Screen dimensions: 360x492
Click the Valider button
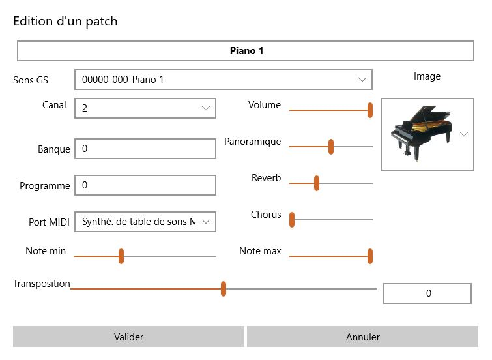click(128, 337)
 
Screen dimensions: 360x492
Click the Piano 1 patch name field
click(246, 51)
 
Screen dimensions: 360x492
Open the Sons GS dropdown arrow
click(363, 80)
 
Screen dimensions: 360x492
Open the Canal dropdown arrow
click(206, 108)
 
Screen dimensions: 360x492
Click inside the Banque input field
click(145, 149)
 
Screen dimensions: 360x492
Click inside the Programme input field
click(145, 185)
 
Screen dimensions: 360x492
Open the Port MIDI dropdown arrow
click(206, 222)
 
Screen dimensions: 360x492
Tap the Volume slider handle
click(370, 110)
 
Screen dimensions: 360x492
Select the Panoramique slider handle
click(331, 147)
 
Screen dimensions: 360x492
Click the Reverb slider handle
click(317, 183)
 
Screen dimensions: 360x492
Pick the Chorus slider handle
click(292, 220)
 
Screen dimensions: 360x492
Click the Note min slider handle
click(121, 256)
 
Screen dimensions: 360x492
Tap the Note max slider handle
click(370, 256)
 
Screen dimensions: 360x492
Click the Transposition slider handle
click(224, 289)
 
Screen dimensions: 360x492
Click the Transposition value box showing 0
click(427, 293)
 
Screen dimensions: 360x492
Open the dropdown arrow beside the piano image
click(464, 134)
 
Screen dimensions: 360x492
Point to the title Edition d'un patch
click(65, 21)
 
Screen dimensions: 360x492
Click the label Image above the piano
click(427, 76)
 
